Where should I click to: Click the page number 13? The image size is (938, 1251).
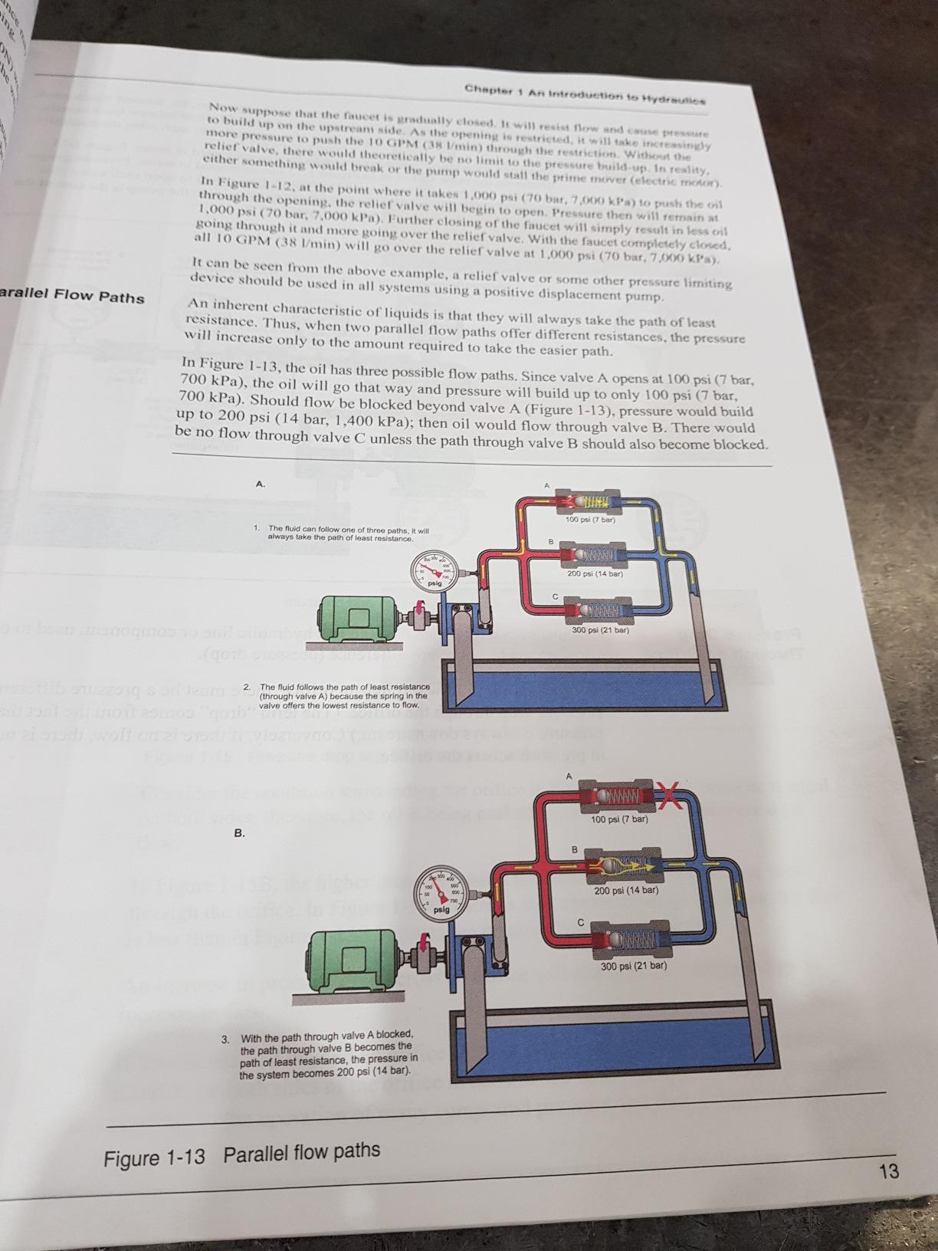coord(889,1171)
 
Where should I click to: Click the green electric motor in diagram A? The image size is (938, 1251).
coord(356,615)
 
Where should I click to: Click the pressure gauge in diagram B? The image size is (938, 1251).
coord(442,894)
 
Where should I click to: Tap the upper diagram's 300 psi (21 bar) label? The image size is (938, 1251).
coord(600,630)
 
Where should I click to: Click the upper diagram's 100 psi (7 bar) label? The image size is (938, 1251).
coord(590,520)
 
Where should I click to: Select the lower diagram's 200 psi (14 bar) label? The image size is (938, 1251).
coord(625,890)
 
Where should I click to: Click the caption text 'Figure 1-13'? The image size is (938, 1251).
coord(155,1157)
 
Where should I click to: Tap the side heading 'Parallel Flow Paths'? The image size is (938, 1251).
coord(73,296)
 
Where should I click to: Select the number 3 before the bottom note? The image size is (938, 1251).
coord(225,1039)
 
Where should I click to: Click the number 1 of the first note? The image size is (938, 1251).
coord(256,528)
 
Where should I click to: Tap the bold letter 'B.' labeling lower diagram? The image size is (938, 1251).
coord(240,833)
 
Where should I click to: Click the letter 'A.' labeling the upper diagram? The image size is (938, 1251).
coord(261,484)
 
